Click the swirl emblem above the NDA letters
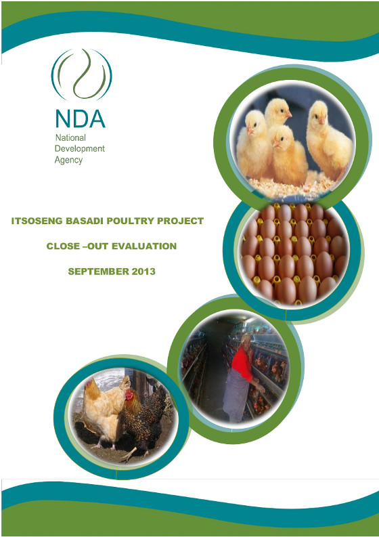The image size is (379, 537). [81, 74]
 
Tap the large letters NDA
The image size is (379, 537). [80, 119]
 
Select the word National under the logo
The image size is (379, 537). [70, 137]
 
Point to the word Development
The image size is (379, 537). [79, 148]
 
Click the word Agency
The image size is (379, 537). [68, 160]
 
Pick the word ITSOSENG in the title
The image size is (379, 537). [37, 221]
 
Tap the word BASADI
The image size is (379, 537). [85, 221]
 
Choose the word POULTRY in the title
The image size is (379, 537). [131, 221]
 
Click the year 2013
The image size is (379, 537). [143, 272]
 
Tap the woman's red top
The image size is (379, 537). [242, 364]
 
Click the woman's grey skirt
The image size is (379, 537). [236, 399]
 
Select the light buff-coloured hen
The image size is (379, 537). [102, 411]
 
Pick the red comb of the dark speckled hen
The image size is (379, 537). [129, 394]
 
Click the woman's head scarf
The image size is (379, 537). [246, 339]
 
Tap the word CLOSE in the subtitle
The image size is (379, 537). [63, 246]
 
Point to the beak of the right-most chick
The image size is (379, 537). [321, 120]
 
